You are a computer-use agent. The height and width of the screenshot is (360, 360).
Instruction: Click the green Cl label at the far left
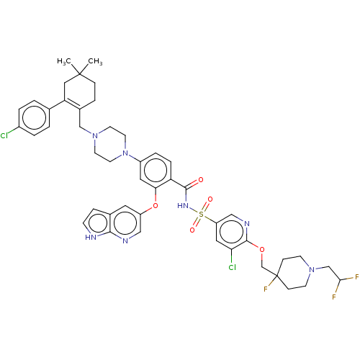tap(6, 135)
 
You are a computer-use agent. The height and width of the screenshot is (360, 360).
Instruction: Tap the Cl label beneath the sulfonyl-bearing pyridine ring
tap(232, 268)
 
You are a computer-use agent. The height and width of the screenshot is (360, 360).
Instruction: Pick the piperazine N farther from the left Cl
tap(126, 153)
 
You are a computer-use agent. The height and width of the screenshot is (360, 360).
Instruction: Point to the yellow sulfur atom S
tap(202, 213)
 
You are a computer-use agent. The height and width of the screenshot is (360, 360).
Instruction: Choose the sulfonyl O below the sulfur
tap(194, 227)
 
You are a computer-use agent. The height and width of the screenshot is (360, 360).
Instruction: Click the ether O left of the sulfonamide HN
tap(156, 207)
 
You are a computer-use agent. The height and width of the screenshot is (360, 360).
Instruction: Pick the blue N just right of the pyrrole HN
tap(125, 241)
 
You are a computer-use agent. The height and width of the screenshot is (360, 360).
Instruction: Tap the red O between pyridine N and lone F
tap(262, 250)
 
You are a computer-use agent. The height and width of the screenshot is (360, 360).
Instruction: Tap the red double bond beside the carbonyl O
tap(194, 183)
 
